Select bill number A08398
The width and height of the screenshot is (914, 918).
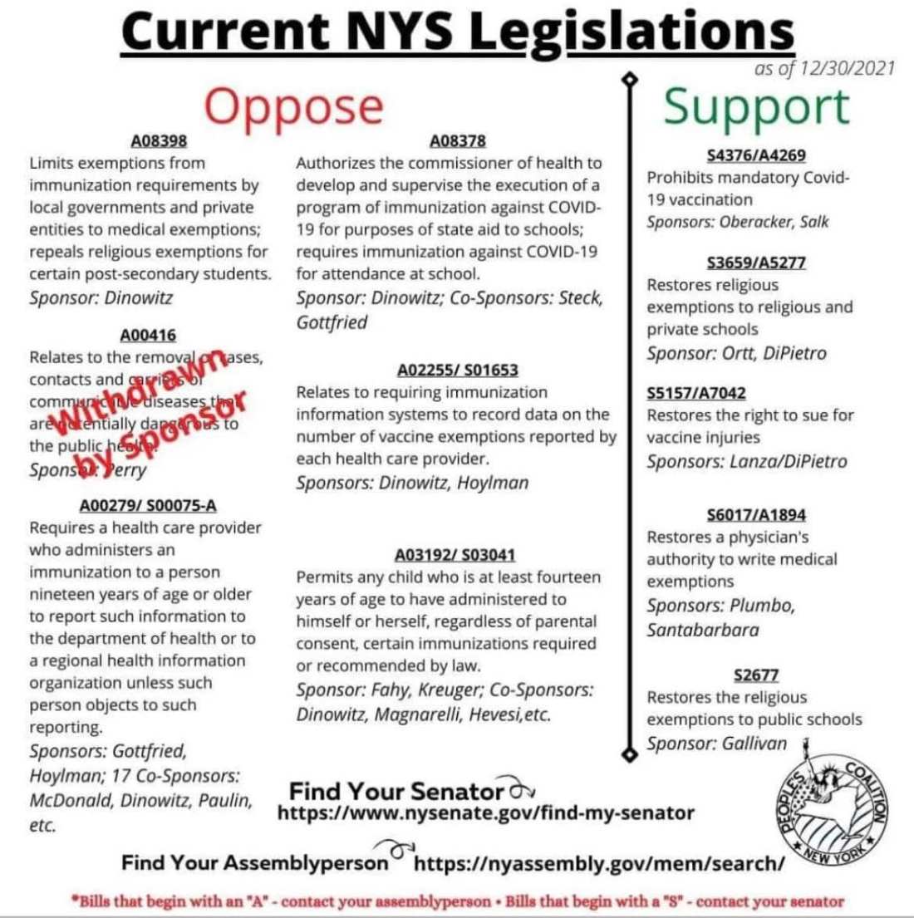point(159,141)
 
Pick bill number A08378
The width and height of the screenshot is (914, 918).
point(458,140)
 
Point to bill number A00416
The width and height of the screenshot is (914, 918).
point(148,336)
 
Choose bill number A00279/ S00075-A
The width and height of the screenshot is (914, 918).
point(148,506)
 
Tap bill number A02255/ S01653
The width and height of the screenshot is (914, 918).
point(458,370)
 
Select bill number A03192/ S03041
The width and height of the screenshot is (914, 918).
point(458,554)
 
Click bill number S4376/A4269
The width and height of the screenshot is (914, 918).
point(755,155)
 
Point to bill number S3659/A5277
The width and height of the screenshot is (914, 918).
point(755,263)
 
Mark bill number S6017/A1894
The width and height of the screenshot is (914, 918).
point(755,515)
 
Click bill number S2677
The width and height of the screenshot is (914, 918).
point(755,675)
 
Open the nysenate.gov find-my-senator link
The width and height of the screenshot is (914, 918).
point(484,812)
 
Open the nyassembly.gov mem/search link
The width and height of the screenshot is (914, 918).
point(599,863)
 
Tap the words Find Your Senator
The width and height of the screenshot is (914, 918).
point(396,789)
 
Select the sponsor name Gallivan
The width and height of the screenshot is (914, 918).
point(754,744)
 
